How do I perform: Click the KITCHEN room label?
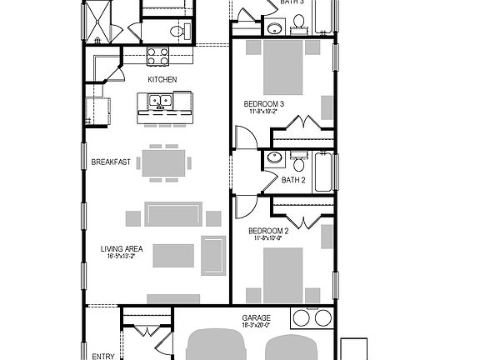pos(162,79)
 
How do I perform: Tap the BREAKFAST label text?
pos(111,162)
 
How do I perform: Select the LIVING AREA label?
pos(122,247)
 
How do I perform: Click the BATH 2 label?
pos(294,180)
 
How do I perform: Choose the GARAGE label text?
pos(256,318)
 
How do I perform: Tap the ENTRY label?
pos(103,356)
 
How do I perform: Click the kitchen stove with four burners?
pos(158,56)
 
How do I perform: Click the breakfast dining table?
pos(164,162)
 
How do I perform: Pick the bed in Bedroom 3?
pos(283,67)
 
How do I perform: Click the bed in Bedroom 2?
pos(283,275)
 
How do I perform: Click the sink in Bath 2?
pos(273,160)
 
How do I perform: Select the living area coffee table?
pos(172,254)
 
